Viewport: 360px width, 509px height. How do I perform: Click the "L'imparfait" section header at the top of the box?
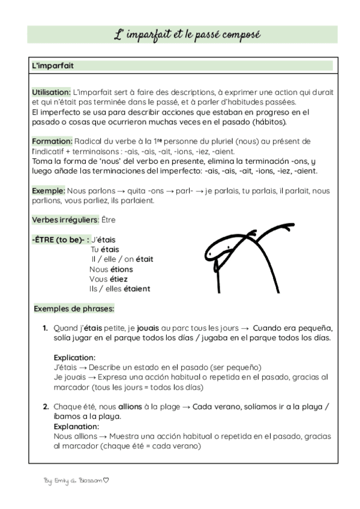click(x=53, y=65)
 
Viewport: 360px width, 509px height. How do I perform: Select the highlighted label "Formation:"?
click(x=52, y=141)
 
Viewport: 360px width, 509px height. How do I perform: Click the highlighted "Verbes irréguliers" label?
click(x=65, y=220)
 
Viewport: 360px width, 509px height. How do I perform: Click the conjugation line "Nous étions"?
click(x=111, y=269)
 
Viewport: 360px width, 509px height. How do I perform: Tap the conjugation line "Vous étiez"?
click(x=109, y=279)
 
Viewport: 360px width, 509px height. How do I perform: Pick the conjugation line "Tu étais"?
click(x=105, y=249)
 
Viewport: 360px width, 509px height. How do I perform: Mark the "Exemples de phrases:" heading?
click(x=74, y=309)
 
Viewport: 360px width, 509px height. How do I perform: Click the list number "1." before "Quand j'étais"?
click(x=46, y=328)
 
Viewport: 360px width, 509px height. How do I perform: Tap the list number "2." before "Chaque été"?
click(x=46, y=406)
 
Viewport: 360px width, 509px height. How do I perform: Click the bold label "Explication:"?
click(x=74, y=357)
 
